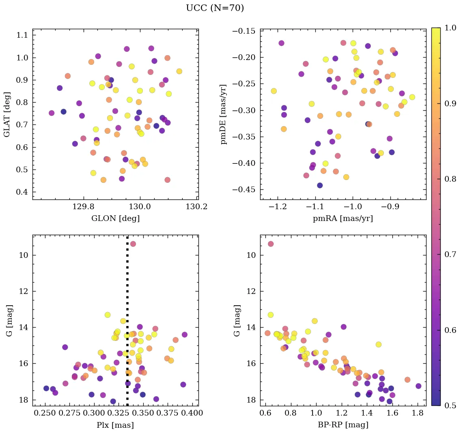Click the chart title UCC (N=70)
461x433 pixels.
point(215,8)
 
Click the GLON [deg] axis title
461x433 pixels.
point(115,219)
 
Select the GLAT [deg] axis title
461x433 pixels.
point(7,114)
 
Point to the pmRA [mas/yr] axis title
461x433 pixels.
point(343,219)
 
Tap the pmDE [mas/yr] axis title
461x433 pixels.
point(224,114)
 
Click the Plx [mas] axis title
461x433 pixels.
point(115,425)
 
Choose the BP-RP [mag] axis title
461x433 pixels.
point(343,425)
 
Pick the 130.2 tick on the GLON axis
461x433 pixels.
point(197,207)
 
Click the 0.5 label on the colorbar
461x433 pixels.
point(450,405)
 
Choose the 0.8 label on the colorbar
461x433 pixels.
point(450,179)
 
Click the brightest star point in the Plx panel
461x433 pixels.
point(133,244)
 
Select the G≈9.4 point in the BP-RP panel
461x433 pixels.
point(271,244)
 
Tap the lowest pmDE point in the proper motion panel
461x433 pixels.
point(320,185)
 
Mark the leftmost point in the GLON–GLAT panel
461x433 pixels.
point(52,113)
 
